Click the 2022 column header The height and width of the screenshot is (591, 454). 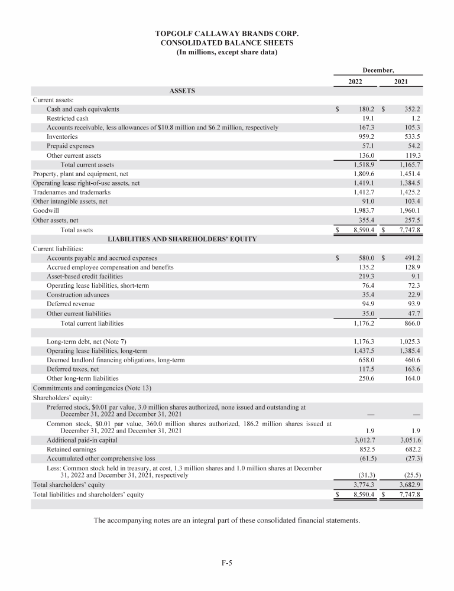click(355, 82)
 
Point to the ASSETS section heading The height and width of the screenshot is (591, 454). click(182, 91)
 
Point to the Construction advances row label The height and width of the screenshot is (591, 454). click(78, 294)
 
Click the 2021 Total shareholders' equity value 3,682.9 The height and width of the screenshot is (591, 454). click(407, 484)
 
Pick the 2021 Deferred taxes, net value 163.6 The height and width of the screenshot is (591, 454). click(410, 369)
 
